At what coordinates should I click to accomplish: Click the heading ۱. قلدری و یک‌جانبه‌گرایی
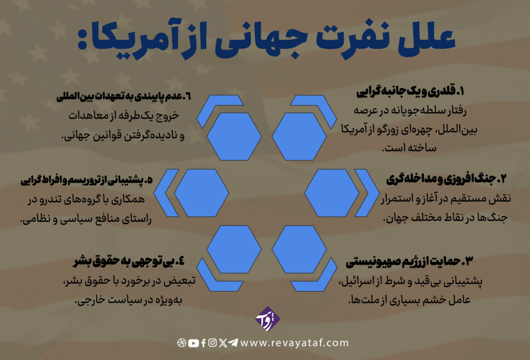(410, 93)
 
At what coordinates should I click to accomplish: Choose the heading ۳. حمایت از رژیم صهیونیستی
(409, 261)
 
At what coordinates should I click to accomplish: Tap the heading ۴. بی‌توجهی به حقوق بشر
(129, 261)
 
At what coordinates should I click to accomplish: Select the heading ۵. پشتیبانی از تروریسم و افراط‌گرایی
(86, 179)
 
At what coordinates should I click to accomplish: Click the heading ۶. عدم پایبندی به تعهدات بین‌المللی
(124, 97)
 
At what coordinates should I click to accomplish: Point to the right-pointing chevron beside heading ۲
(367, 193)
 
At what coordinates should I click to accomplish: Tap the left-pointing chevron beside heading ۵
(166, 193)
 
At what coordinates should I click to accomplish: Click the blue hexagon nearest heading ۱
(299, 137)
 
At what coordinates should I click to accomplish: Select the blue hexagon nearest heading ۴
(234, 249)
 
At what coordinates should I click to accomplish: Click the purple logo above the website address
(268, 319)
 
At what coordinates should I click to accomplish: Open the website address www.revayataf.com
(295, 343)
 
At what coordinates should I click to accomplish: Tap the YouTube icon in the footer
(194, 343)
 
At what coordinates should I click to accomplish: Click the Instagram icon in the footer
(213, 343)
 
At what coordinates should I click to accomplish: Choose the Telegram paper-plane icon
(233, 343)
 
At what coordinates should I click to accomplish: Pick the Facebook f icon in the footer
(203, 343)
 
